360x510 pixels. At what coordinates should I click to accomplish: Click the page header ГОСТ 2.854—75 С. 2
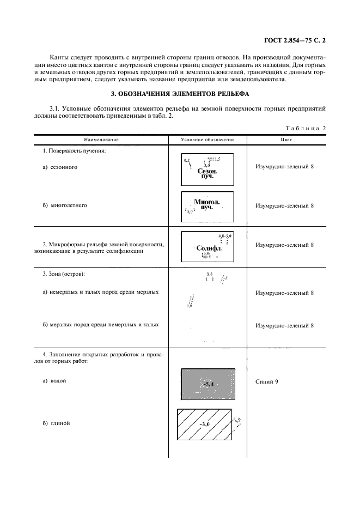(297, 40)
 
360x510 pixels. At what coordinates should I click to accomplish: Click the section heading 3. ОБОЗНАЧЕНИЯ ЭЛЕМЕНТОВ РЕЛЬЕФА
(180, 94)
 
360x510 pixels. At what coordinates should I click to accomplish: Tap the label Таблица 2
(306, 129)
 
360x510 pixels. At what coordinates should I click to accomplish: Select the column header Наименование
(101, 139)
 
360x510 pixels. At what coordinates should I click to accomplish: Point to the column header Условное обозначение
(208, 139)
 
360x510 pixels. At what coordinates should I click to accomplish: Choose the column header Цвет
(284, 139)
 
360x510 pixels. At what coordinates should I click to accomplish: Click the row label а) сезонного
(60, 167)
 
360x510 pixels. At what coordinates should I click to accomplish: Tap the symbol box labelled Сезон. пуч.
(207, 169)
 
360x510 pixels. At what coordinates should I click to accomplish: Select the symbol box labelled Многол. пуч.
(207, 205)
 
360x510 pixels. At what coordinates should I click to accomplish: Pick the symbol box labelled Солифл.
(207, 245)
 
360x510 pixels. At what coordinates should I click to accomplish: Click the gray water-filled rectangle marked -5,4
(208, 385)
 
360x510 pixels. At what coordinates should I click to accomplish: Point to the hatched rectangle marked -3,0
(205, 423)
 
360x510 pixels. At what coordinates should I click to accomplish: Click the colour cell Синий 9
(267, 381)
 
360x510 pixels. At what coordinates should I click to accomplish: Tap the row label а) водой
(54, 380)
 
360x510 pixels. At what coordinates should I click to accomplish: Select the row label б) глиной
(56, 423)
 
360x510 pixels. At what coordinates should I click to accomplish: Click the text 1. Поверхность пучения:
(74, 150)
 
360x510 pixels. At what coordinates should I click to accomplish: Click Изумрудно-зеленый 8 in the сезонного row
(284, 167)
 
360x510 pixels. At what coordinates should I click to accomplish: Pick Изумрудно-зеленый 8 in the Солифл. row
(284, 245)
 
